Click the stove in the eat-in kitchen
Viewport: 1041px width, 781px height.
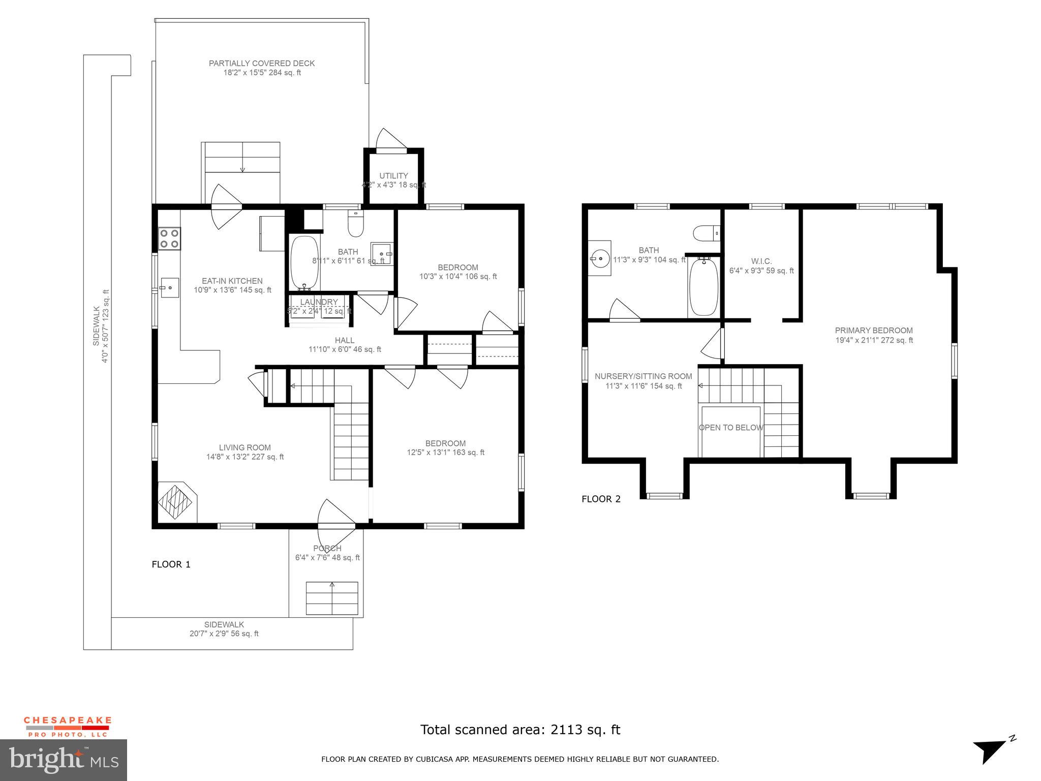[169, 238]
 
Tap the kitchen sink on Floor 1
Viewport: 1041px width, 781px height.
[169, 287]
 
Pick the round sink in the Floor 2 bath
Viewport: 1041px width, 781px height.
[600, 258]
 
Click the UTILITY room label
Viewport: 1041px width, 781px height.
[393, 176]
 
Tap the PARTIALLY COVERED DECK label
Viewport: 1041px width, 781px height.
[262, 64]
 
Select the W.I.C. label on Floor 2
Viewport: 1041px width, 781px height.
[761, 261]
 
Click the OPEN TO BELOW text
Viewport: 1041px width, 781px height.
[731, 428]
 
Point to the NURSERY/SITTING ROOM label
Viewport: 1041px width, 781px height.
[643, 376]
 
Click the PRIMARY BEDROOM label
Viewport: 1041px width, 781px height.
[874, 331]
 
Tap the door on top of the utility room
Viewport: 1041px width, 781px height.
[390, 141]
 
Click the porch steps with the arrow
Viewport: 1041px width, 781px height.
[332, 598]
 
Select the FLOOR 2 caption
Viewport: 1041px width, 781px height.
[601, 499]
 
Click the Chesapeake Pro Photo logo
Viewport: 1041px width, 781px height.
[67, 727]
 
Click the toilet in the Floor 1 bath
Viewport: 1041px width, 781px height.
[355, 224]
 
